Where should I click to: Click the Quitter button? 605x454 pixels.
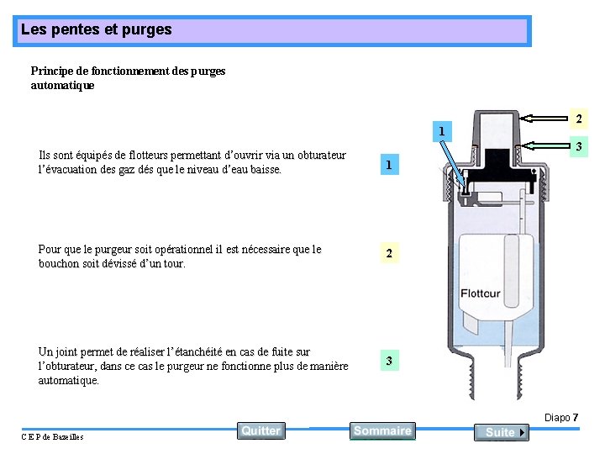coord(261,430)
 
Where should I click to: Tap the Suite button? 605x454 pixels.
coord(502,432)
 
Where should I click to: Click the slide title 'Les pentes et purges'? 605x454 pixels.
coord(97,29)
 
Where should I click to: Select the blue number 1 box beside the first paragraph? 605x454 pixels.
coord(389,165)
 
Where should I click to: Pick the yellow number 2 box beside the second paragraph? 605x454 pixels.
coord(389,253)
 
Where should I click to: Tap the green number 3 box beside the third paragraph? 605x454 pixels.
coord(389,360)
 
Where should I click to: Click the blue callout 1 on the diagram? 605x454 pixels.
coord(442,131)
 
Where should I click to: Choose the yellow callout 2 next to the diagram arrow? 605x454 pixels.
coord(579,119)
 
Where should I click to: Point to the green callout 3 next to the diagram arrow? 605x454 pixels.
coord(579,146)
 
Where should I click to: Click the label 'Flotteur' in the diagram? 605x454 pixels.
coord(481,293)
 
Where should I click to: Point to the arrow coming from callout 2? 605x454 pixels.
coord(544,119)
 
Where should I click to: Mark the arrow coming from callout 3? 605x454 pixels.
coord(544,145)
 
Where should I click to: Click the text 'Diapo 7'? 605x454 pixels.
coord(561,417)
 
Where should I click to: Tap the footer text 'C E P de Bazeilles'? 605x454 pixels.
coord(52,436)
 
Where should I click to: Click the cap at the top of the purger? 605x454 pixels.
coord(496,129)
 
